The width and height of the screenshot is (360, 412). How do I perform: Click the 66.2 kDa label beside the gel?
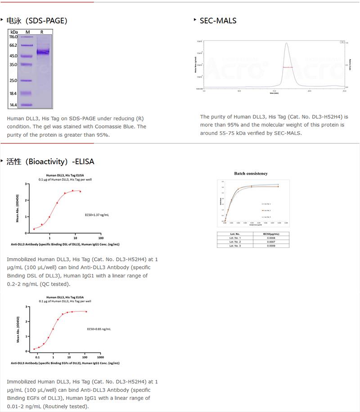click(x=13, y=45)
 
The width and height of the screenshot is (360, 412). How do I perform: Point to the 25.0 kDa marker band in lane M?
click(x=27, y=81)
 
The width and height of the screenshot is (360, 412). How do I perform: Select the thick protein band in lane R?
click(x=43, y=52)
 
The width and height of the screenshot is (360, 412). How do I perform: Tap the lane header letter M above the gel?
click(x=27, y=32)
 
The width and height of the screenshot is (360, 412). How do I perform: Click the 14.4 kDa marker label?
click(x=13, y=105)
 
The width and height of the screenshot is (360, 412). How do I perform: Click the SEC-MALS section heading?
click(x=218, y=20)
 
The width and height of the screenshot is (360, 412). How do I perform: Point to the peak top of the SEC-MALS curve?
click(x=286, y=44)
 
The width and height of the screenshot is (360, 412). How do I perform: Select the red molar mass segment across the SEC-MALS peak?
click(x=288, y=67)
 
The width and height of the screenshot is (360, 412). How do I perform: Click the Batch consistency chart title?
click(x=251, y=173)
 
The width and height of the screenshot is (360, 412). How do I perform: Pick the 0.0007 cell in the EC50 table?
click(x=270, y=242)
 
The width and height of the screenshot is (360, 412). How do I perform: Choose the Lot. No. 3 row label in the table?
click(x=235, y=246)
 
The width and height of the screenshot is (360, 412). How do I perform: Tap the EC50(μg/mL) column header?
click(x=270, y=234)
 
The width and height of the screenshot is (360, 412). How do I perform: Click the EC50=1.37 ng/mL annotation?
click(x=97, y=215)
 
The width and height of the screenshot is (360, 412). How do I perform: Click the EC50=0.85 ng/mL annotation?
click(x=99, y=329)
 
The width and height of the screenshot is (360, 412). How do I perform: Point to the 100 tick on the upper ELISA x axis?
click(x=100, y=238)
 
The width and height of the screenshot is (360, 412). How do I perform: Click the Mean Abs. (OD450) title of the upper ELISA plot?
click(x=18, y=209)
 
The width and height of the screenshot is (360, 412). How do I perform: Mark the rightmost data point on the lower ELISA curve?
click(x=86, y=312)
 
